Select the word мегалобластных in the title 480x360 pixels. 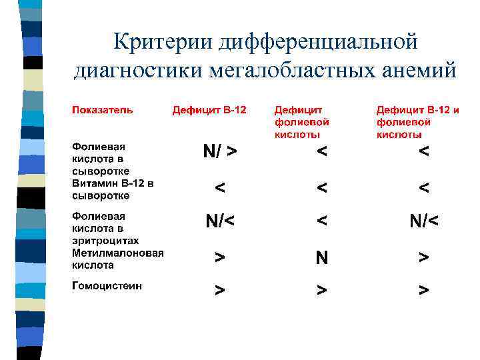289,70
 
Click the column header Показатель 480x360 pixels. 103,109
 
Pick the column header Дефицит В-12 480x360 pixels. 209,109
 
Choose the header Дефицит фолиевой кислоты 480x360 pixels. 302,122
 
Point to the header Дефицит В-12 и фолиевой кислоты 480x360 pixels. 418,122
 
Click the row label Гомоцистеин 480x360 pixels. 107,287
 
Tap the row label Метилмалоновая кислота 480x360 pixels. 118,259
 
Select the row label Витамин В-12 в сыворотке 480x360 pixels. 113,189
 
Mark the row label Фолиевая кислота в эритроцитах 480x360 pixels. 105,228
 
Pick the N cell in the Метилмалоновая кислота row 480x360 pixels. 322,257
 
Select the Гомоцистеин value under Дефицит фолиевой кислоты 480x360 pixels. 322,291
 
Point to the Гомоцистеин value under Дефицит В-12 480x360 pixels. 219,291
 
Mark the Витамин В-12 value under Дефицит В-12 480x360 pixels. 219,189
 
